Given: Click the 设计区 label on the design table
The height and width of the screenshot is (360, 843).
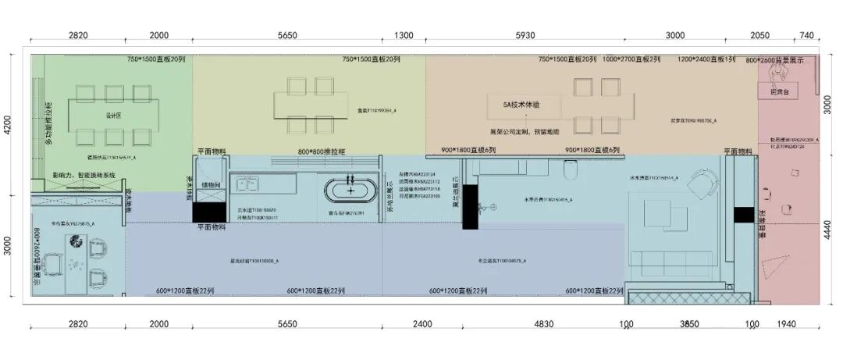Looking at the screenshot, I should pos(112,116).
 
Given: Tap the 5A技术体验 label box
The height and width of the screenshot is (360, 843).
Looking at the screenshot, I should pos(521,104).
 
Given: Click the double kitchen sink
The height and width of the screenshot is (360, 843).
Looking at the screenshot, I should pos(249,185).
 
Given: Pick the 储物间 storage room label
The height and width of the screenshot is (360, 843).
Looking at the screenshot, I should pos(212,185).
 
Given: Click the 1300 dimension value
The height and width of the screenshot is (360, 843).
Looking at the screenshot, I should pos(404,36).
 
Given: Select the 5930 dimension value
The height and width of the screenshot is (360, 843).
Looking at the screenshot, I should pos(525,36).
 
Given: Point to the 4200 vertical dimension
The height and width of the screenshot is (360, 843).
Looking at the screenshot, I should pos(8,125).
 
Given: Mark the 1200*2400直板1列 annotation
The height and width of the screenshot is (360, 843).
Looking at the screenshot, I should pos(706,59).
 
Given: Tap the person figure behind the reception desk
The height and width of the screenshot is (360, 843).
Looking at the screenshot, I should pos(778,73).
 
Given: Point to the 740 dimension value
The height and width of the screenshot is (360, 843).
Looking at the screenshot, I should pos(806,36).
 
